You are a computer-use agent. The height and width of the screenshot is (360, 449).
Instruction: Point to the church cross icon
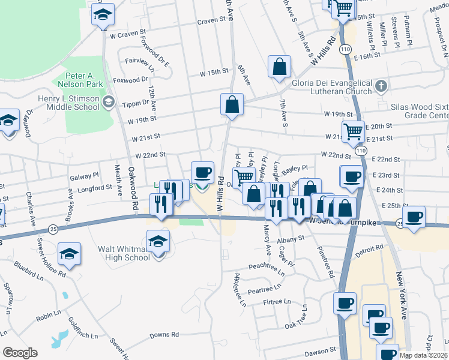click(x=380, y=87)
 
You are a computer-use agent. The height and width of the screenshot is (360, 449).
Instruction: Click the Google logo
click(x=20, y=353)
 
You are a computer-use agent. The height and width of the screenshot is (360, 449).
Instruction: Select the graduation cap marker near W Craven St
click(x=103, y=15)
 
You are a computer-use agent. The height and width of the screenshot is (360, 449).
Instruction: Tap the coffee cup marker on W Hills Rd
click(x=202, y=173)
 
